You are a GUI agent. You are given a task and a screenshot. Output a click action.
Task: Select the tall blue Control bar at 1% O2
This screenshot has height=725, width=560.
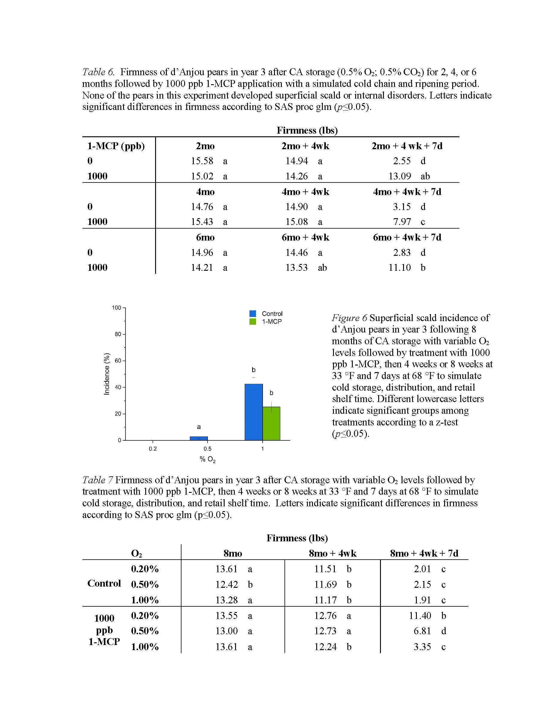(253, 412)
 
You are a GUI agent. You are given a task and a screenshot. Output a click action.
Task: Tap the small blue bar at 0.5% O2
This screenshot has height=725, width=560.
(199, 438)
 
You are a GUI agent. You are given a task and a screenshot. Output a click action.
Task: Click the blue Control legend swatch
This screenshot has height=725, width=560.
(253, 314)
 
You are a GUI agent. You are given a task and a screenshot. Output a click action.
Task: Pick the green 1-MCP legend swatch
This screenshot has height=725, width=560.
(253, 321)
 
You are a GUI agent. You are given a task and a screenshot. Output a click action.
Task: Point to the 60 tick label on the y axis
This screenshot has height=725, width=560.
(118, 360)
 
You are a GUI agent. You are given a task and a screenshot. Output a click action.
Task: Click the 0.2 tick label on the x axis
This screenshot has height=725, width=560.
(153, 449)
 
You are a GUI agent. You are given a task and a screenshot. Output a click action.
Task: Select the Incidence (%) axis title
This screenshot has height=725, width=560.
(107, 374)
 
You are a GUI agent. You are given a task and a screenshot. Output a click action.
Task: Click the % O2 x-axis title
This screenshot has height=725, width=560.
(208, 460)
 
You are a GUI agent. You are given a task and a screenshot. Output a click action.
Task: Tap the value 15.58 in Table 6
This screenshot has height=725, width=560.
(202, 161)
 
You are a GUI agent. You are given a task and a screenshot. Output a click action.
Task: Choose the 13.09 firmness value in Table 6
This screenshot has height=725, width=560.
(400, 176)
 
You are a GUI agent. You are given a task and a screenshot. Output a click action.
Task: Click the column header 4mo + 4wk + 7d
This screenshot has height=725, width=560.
(407, 192)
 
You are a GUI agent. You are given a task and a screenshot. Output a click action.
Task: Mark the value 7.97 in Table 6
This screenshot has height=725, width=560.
(402, 221)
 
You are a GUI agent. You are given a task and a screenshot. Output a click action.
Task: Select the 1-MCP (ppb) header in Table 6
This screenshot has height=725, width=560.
(116, 146)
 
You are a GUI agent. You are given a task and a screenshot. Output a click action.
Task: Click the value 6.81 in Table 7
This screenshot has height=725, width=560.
(422, 631)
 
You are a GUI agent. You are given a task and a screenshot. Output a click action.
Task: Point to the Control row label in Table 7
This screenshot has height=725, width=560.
(104, 583)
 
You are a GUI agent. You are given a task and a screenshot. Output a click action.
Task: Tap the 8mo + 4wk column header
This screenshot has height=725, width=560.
(332, 553)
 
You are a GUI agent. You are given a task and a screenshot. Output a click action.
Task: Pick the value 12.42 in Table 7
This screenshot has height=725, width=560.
(227, 584)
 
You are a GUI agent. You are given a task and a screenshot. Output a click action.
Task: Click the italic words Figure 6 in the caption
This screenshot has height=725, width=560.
(349, 318)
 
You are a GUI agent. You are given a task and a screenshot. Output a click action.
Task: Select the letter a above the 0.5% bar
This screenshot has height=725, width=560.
(199, 427)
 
